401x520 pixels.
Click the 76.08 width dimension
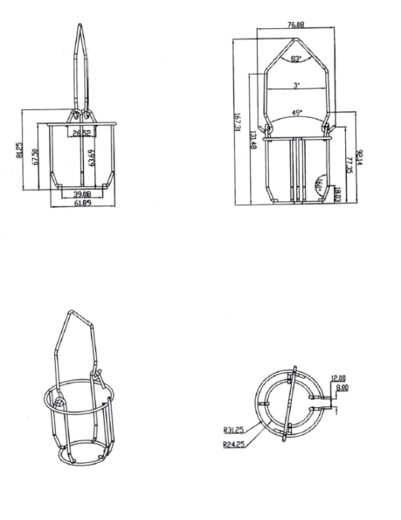pyautogui.click(x=295, y=25)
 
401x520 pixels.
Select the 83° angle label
pyautogui.click(x=296, y=59)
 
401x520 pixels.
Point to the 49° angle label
pyautogui.click(x=296, y=112)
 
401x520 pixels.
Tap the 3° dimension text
pyautogui.click(x=296, y=85)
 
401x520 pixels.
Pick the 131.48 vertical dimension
pyautogui.click(x=253, y=140)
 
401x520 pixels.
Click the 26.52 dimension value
pyautogui.click(x=80, y=133)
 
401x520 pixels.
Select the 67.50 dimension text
pyautogui.click(x=35, y=157)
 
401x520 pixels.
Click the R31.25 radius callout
pyautogui.click(x=233, y=429)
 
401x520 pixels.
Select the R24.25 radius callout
pyautogui.click(x=233, y=445)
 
